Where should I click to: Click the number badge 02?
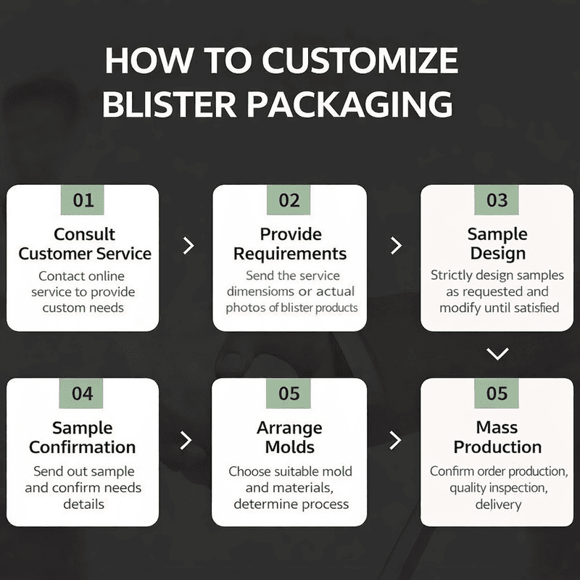(x=289, y=200)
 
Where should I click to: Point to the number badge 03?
(x=497, y=200)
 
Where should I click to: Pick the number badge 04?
(x=83, y=394)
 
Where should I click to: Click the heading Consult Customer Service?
(x=85, y=244)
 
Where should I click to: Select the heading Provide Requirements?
(x=290, y=244)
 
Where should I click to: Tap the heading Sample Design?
(x=497, y=244)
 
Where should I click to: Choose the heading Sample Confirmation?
(x=83, y=437)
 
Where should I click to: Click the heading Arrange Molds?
(x=289, y=437)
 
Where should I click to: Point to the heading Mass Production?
(x=497, y=437)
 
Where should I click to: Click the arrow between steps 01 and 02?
(x=188, y=245)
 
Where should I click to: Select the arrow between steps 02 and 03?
(x=395, y=245)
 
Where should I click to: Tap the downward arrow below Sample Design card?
(x=497, y=354)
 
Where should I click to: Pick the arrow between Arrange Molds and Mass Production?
(x=395, y=439)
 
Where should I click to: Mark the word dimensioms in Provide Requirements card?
(x=262, y=291)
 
